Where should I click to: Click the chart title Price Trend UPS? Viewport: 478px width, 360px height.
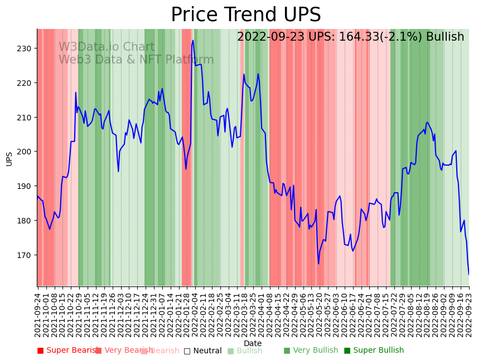click(245, 15)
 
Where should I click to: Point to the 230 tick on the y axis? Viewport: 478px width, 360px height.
click(25, 48)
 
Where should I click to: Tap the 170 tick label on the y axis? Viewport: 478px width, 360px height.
click(25, 255)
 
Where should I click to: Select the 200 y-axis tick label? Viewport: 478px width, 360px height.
click(25, 152)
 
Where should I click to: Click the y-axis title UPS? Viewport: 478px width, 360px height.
click(9, 158)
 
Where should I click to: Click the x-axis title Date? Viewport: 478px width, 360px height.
click(252, 343)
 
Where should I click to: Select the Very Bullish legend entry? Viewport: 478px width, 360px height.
click(311, 351)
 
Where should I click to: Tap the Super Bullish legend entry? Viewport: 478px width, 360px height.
click(374, 351)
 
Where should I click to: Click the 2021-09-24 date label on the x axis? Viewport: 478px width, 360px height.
click(38, 314)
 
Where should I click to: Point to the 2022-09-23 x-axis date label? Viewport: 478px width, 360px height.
click(469, 314)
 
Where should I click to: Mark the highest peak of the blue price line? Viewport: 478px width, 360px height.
click(193, 40)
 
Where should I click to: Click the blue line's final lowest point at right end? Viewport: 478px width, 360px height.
click(469, 274)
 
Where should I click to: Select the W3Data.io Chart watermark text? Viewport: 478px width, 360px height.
click(107, 47)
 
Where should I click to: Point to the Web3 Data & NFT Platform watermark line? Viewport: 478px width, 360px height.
click(136, 60)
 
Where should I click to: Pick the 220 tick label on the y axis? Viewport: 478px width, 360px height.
click(25, 83)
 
